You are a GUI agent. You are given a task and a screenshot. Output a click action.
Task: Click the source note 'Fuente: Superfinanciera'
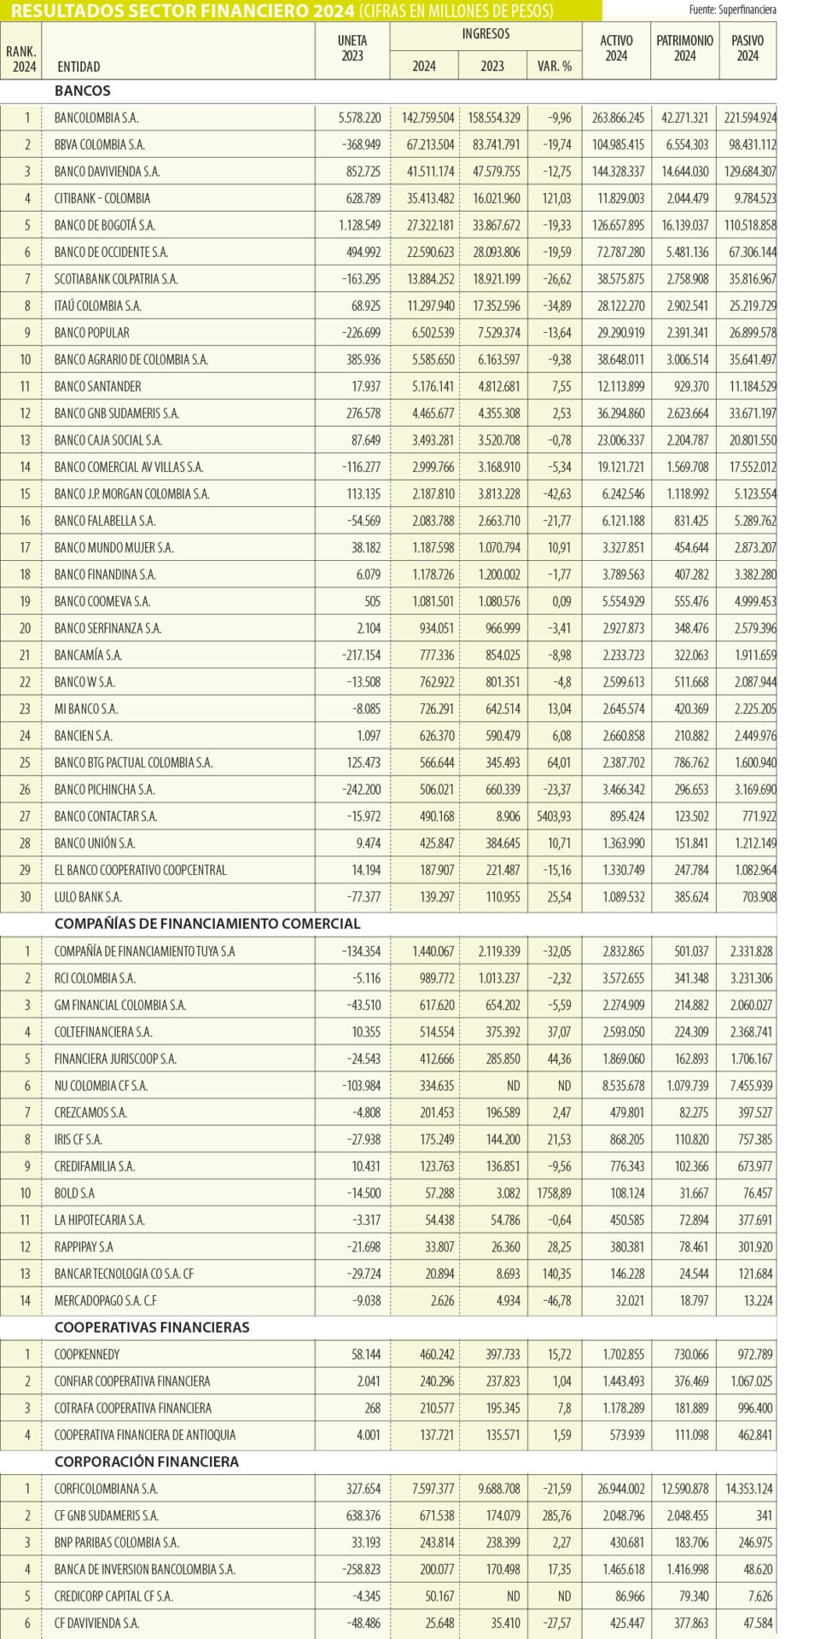click(733, 10)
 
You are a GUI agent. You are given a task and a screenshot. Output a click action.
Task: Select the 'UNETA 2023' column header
click(352, 49)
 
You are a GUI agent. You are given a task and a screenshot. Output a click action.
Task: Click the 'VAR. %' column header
click(555, 66)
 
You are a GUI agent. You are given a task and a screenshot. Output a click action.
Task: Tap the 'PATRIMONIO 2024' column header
click(684, 49)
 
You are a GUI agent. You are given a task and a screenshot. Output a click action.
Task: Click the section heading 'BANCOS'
click(83, 90)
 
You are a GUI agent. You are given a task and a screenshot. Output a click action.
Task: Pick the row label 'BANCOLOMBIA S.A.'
click(96, 118)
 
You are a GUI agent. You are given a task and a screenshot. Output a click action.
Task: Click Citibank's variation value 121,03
click(556, 198)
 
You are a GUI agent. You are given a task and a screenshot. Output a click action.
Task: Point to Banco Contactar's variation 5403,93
click(554, 816)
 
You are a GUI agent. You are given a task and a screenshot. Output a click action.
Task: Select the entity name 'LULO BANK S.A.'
click(88, 897)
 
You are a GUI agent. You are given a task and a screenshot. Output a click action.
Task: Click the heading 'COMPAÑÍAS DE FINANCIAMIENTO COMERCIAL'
click(207, 924)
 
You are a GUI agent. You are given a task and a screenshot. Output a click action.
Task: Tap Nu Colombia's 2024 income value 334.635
click(436, 1086)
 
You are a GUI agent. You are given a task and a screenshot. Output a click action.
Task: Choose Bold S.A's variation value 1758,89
click(554, 1193)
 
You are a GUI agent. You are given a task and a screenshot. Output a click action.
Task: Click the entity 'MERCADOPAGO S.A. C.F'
click(106, 1301)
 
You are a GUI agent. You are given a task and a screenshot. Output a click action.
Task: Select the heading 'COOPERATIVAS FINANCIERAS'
click(152, 1327)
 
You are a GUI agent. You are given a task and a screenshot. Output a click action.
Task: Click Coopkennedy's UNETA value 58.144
click(366, 1355)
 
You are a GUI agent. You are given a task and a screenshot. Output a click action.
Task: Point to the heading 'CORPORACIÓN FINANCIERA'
click(147, 1461)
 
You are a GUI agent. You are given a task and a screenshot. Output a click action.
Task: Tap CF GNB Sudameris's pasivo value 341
click(764, 1515)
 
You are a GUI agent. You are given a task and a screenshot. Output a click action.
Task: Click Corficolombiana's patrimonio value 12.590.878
click(684, 1489)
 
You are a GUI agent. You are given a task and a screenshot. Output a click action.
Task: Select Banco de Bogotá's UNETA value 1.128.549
click(359, 225)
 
